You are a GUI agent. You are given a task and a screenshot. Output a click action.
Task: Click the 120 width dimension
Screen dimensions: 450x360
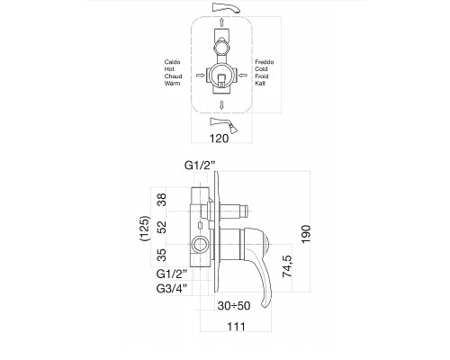[x=219, y=139]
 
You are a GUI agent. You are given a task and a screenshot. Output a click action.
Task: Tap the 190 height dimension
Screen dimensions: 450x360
[x=306, y=234]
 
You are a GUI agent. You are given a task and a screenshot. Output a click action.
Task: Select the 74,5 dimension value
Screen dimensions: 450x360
[x=287, y=266]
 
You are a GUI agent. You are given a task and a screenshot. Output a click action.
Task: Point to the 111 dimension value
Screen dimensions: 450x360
[x=236, y=327]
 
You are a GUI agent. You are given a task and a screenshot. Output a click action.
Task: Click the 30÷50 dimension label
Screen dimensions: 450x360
[x=234, y=306]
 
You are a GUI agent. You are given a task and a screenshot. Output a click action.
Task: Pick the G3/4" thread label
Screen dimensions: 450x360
[x=172, y=289]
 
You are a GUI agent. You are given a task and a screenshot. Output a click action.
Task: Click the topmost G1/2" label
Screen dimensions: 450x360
[x=200, y=166]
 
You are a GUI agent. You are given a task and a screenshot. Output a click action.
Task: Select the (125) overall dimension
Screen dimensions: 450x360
[x=145, y=229]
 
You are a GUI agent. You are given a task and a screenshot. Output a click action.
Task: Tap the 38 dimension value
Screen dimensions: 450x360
[x=162, y=200]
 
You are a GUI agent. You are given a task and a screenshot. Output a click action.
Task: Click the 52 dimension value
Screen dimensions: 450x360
[x=162, y=227]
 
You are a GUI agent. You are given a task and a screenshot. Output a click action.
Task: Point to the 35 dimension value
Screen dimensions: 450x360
[x=162, y=256]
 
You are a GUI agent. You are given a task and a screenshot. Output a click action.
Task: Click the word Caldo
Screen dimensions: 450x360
[x=172, y=62]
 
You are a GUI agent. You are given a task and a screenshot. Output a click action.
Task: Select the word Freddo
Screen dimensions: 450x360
[x=265, y=62]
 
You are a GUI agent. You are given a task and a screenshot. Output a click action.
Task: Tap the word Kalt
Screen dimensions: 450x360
[x=260, y=84]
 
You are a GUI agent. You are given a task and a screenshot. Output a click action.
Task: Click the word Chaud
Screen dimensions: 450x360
[x=173, y=76]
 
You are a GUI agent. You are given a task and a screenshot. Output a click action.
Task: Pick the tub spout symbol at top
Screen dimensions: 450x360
[x=226, y=7]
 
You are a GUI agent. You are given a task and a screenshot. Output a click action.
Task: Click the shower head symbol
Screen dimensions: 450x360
[x=223, y=124]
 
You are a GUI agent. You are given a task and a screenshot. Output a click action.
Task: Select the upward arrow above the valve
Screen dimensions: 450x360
[x=221, y=22]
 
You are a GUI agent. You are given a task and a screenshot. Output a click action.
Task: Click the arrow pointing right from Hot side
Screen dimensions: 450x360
[x=200, y=75]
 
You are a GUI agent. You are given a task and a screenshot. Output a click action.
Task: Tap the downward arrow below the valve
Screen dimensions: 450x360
[x=221, y=105]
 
